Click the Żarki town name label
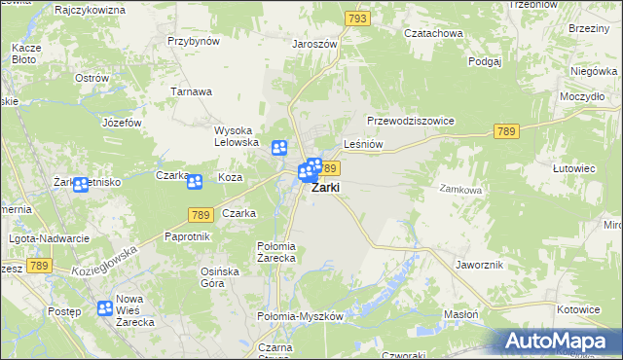coord(326,189)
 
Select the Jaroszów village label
coord(314,44)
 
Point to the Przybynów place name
coord(194,41)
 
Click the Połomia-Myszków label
coord(300,316)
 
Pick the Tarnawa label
coord(192,91)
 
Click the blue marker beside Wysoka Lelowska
coord(279,148)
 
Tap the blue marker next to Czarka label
coord(195,181)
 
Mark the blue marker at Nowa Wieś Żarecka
coord(105,308)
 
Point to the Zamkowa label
coord(460,190)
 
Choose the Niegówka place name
coord(594,71)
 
